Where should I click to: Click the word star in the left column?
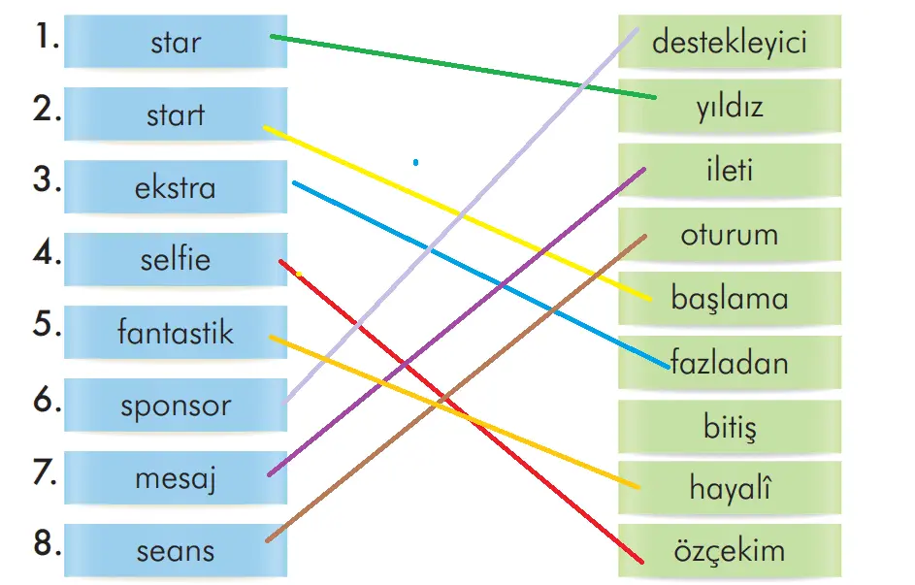(x=176, y=43)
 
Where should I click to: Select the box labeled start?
(x=176, y=115)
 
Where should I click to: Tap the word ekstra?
(x=176, y=187)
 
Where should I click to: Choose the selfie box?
(x=176, y=260)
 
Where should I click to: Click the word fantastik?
(x=176, y=333)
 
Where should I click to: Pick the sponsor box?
(x=176, y=406)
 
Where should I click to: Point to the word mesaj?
(x=176, y=478)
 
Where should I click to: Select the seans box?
(x=176, y=551)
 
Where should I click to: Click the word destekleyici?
(x=730, y=43)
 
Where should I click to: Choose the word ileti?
(x=730, y=171)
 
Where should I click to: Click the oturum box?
(x=730, y=235)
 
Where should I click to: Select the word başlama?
(x=730, y=298)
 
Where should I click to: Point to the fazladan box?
(x=730, y=363)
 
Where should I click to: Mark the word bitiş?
(x=730, y=426)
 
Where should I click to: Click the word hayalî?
(x=730, y=489)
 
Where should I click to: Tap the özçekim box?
(x=730, y=552)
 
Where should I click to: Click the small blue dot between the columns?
(x=415, y=163)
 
